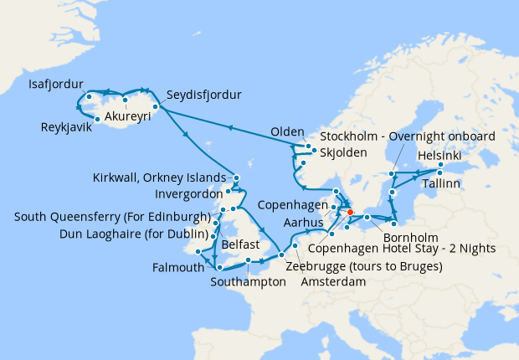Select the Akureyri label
pos(127,116)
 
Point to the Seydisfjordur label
pos(203,95)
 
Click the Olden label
pos(286,132)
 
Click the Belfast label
pos(243,246)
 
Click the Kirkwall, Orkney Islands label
pos(162,177)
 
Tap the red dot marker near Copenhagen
pos(350,212)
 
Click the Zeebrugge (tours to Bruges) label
pos(364,266)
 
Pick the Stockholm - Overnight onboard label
pos(408,136)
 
